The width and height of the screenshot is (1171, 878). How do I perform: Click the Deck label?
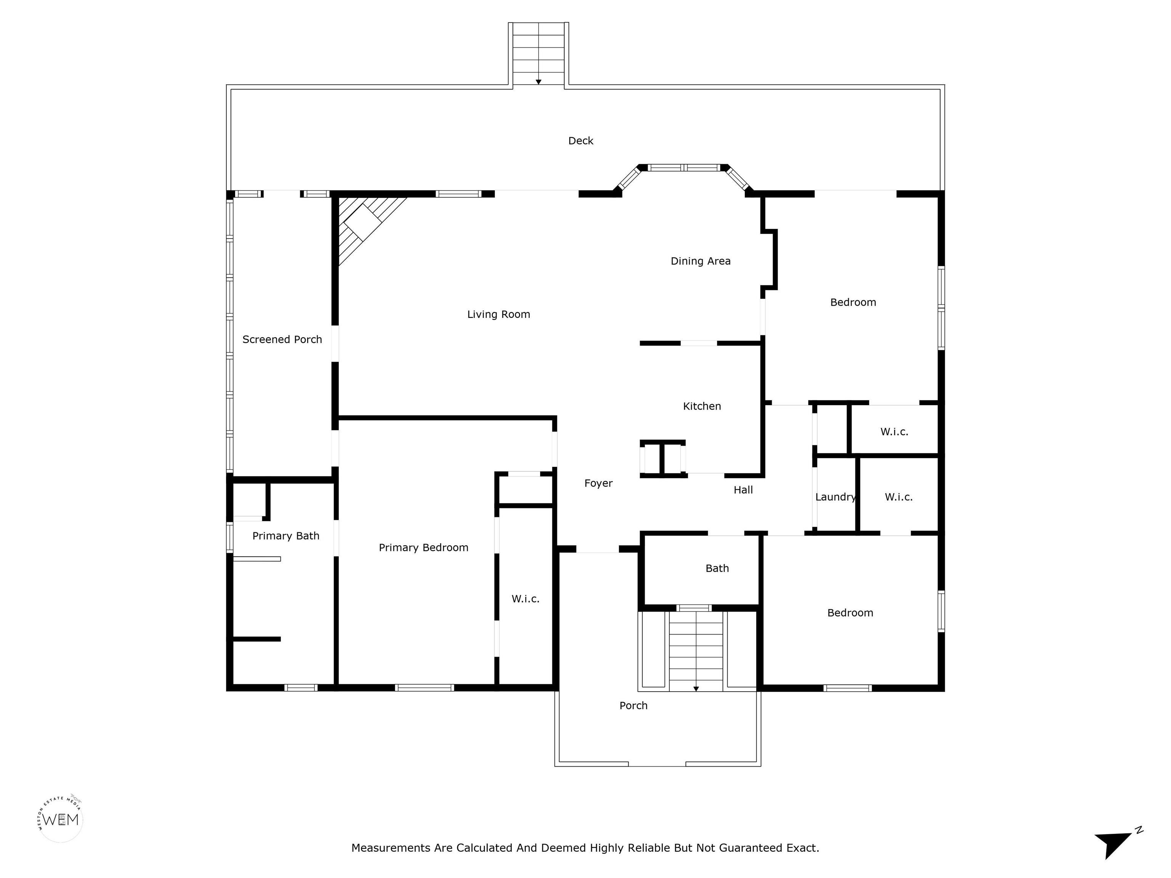pyautogui.click(x=581, y=141)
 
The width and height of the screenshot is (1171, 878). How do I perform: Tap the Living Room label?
pyautogui.click(x=499, y=314)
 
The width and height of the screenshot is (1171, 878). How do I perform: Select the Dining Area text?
pyautogui.click(x=700, y=261)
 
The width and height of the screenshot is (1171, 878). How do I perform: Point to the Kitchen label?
pyautogui.click(x=702, y=406)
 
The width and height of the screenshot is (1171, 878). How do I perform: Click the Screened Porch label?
pyautogui.click(x=282, y=339)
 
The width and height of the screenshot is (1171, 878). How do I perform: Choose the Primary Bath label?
pyautogui.click(x=286, y=536)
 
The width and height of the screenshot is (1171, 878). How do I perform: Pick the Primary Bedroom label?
pyautogui.click(x=423, y=548)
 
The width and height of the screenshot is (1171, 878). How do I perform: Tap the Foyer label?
pyautogui.click(x=598, y=483)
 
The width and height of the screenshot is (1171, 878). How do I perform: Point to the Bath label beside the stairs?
pyautogui.click(x=717, y=569)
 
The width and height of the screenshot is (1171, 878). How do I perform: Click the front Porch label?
pyautogui.click(x=634, y=705)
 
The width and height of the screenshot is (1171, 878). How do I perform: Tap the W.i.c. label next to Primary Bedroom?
pyautogui.click(x=526, y=599)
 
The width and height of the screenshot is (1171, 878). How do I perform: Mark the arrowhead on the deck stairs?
pyautogui.click(x=538, y=82)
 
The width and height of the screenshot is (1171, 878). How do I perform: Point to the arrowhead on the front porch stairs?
pyautogui.click(x=696, y=689)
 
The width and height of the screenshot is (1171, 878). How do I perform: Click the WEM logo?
pyautogui.click(x=61, y=820)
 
